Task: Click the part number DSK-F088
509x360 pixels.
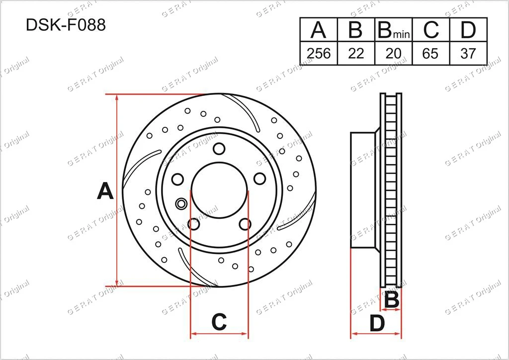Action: (x=66, y=25)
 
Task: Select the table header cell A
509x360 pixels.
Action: (x=319, y=31)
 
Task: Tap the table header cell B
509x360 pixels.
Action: (x=356, y=31)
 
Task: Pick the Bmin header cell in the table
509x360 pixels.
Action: (x=393, y=31)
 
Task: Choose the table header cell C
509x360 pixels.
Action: (x=431, y=31)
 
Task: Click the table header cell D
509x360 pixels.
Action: (x=468, y=31)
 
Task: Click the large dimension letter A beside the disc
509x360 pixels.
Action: (x=105, y=191)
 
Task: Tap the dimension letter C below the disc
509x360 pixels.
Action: (x=219, y=323)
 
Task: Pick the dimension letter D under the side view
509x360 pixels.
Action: (x=377, y=324)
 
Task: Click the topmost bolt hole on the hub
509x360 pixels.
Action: (x=219, y=148)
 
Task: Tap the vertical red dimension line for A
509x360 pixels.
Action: (x=117, y=190)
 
